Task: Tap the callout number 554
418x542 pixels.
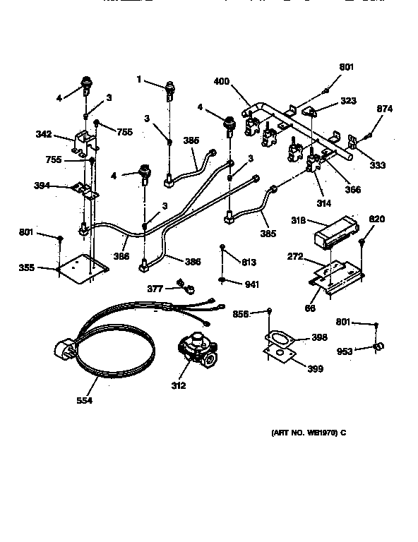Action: pyautogui.click(x=84, y=401)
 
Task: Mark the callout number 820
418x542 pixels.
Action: pyautogui.click(x=377, y=219)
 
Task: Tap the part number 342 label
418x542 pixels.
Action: pyautogui.click(x=44, y=133)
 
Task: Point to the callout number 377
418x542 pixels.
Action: pyautogui.click(x=155, y=289)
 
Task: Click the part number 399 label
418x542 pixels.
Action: pyautogui.click(x=316, y=368)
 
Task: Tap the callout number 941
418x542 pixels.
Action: pyautogui.click(x=251, y=286)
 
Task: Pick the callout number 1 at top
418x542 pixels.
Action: pyautogui.click(x=140, y=80)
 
